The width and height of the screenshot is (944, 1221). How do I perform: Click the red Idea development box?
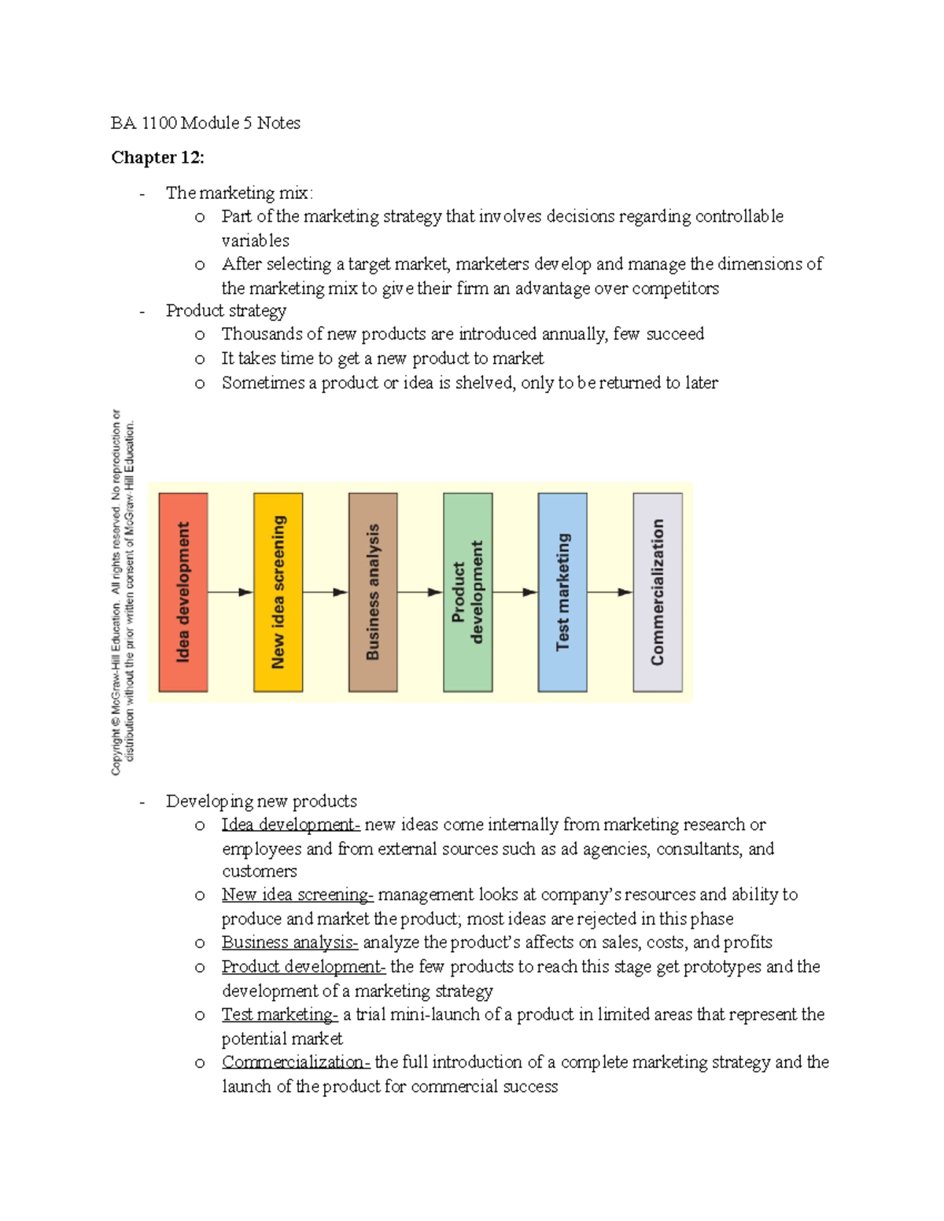[183, 592]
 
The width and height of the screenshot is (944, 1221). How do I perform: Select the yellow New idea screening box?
[278, 592]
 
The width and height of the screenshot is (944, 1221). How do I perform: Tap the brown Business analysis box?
[373, 592]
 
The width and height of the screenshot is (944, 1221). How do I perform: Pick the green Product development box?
[468, 592]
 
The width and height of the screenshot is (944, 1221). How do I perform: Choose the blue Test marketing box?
[562, 592]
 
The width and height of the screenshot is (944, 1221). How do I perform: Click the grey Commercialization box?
[658, 592]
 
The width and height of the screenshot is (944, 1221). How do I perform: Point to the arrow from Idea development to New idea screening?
[230, 592]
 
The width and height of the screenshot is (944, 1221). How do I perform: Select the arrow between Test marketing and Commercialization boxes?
[610, 592]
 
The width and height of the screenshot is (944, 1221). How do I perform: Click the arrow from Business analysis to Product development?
[420, 592]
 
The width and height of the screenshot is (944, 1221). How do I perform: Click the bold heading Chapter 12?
[157, 157]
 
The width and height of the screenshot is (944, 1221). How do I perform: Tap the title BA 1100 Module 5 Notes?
[205, 123]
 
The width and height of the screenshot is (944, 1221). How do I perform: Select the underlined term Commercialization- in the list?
[296, 1062]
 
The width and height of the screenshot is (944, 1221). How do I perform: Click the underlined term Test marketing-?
[279, 1014]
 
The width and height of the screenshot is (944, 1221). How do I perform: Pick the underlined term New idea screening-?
[297, 895]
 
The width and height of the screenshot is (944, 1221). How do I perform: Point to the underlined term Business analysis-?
[289, 943]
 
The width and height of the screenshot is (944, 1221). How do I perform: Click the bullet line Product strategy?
[226, 311]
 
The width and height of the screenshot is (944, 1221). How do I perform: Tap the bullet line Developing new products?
[261, 801]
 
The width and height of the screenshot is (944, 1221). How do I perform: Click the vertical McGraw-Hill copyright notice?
[123, 592]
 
